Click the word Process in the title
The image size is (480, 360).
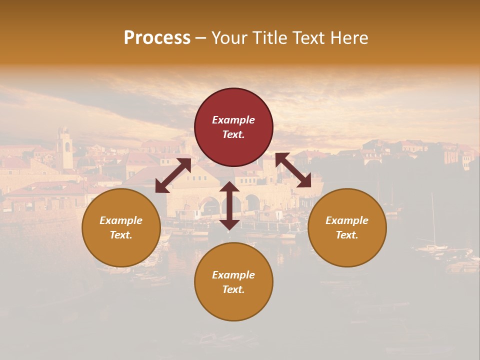coord(157,38)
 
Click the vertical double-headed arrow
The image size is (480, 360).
coord(229,205)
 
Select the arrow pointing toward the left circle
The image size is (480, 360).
coord(173,175)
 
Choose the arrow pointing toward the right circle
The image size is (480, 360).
coord(293,170)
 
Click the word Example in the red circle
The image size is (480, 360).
coord(233,120)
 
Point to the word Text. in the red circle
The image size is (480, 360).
coord(233,134)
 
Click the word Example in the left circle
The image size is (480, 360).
coord(121,220)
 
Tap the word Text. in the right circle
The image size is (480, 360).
coord(347,235)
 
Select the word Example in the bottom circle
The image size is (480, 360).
coord(233,275)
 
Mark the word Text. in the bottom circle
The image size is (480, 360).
coord(233,289)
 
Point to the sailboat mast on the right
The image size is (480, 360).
coord(433,220)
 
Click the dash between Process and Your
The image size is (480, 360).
coord(201,38)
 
